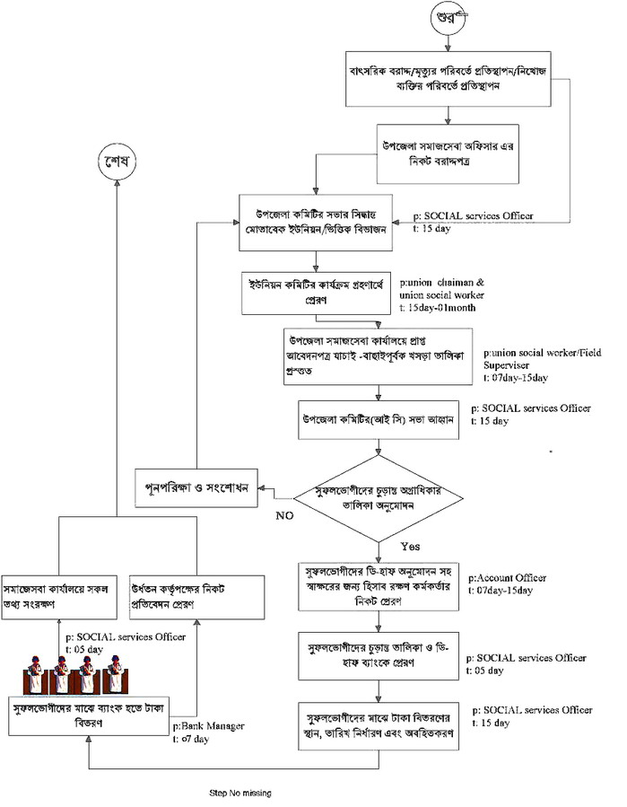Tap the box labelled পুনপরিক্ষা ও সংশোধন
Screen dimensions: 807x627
click(196, 487)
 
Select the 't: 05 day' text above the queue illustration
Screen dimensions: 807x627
click(94, 648)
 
